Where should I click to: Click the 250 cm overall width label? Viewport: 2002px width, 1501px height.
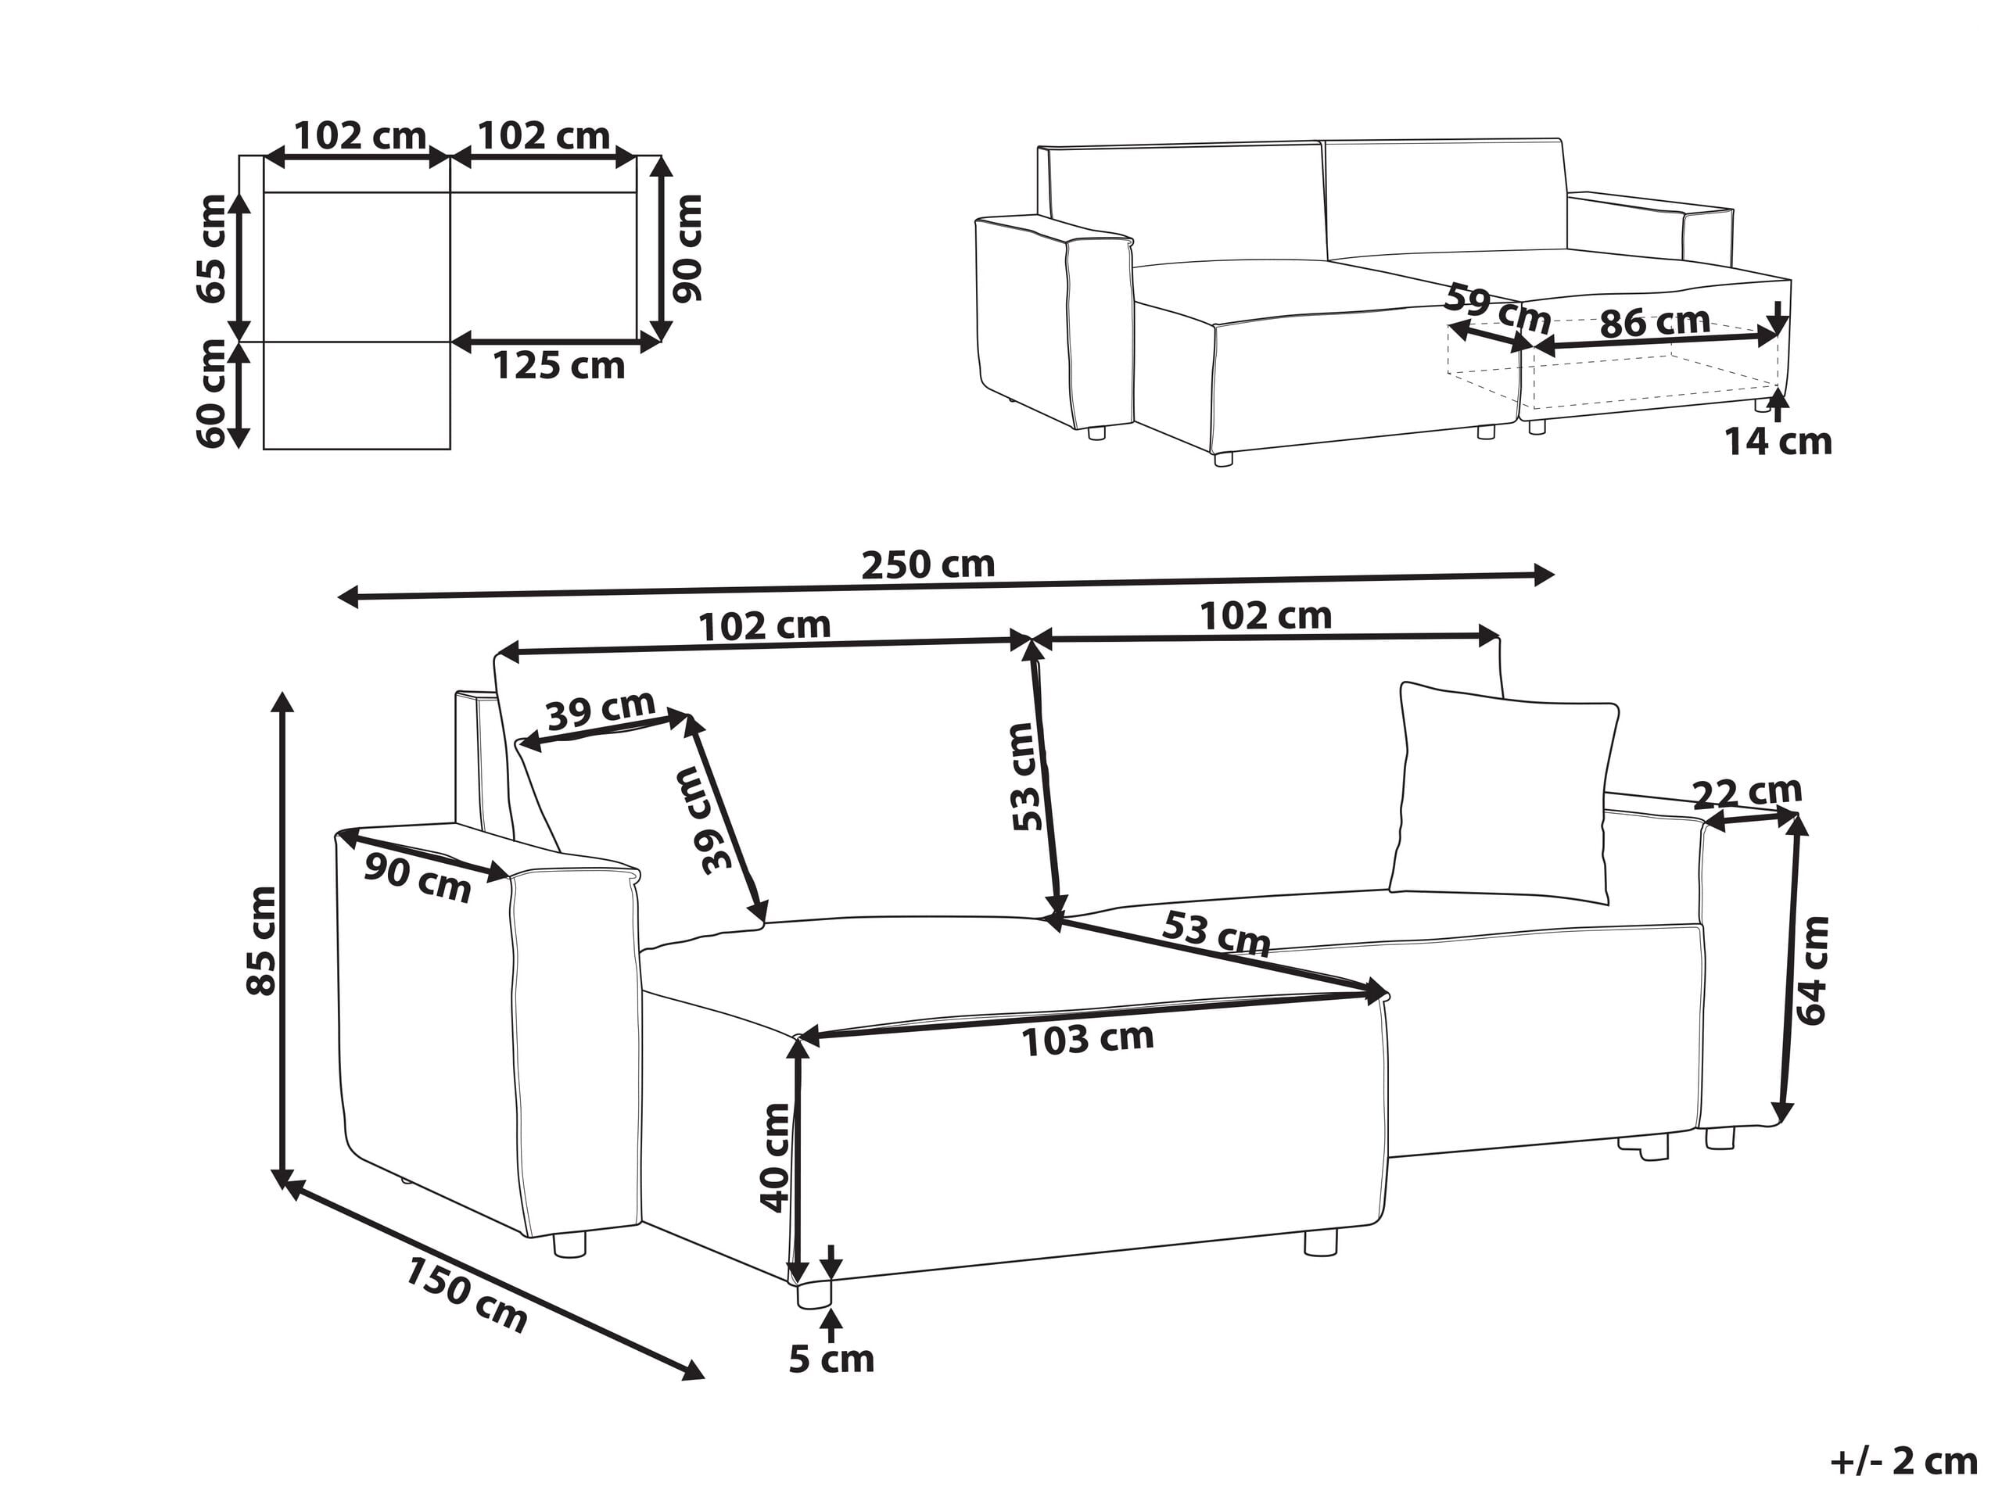[927, 565]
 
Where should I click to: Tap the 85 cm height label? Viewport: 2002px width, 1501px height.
[263, 941]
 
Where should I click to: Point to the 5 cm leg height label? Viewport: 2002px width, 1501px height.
[831, 1359]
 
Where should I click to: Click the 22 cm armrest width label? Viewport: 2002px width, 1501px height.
[1747, 793]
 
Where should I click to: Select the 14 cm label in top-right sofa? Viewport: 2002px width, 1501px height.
[1777, 442]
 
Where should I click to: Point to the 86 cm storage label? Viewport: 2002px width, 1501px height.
[1655, 322]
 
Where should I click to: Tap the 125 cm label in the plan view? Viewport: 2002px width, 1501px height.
[558, 367]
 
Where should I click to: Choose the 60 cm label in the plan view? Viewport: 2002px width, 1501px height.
[211, 392]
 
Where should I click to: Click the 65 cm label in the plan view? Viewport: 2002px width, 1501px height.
[211, 249]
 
